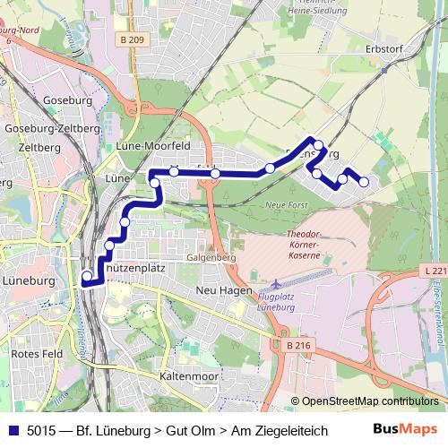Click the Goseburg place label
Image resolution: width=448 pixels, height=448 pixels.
(x=36, y=101)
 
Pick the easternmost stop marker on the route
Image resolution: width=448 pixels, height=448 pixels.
(x=364, y=183)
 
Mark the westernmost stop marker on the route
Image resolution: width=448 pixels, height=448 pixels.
(x=87, y=276)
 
